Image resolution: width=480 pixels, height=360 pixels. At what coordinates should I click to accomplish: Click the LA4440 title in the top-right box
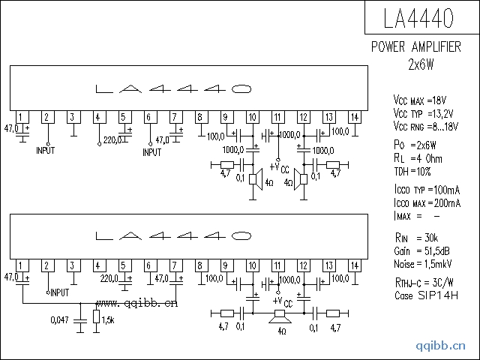click(x=418, y=18)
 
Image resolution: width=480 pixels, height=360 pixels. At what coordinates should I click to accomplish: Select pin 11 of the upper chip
click(x=278, y=117)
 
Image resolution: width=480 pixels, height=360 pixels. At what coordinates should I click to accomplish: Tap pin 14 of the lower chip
click(x=355, y=265)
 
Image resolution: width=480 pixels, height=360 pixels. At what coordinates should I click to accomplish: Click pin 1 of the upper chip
click(x=22, y=117)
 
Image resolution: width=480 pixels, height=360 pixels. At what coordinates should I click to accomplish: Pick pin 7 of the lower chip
click(x=176, y=265)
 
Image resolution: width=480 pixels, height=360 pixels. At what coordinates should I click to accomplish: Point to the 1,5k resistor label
click(x=108, y=320)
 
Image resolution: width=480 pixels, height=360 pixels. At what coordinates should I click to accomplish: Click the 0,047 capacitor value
click(x=59, y=320)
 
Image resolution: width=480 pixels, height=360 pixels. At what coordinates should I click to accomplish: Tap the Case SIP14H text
click(x=426, y=295)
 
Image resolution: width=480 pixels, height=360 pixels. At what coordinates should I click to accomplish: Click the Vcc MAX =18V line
click(x=420, y=100)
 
